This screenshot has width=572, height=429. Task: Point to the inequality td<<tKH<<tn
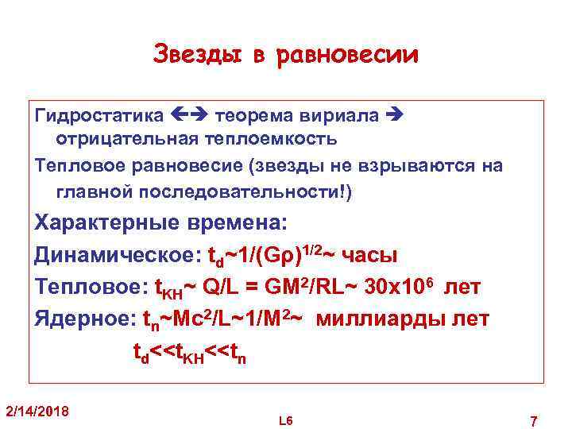189,352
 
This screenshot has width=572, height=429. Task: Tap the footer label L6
286,419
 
